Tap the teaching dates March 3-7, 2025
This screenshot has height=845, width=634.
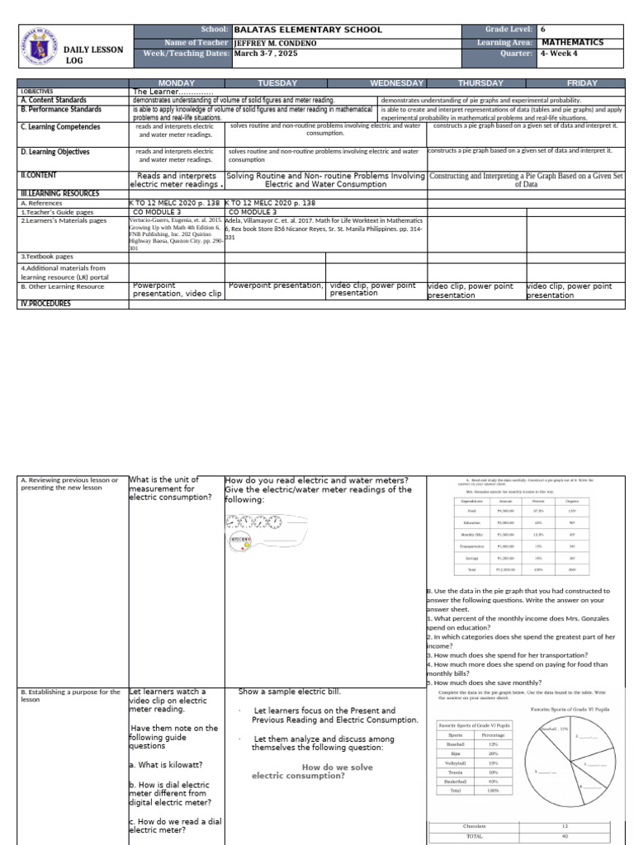[x=266, y=54]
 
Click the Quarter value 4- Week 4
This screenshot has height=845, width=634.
[x=564, y=54]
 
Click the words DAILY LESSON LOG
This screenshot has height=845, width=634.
[x=93, y=54]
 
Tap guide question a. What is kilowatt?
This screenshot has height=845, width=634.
[x=166, y=765]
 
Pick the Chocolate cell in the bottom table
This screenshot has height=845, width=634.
[x=474, y=825]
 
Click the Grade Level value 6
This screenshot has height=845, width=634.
[x=543, y=30]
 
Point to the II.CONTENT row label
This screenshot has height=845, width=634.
[x=39, y=176]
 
